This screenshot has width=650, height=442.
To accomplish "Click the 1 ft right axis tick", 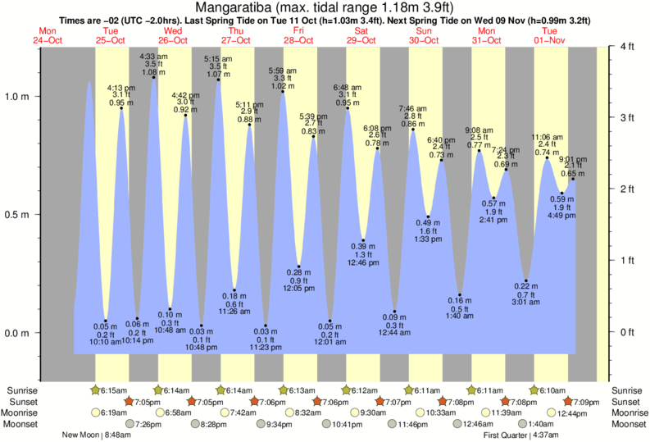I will pyautogui.click(x=627, y=261).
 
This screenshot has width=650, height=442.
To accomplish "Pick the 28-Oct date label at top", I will pyautogui.click(x=298, y=39).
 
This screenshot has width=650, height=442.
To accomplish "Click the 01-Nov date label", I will pyautogui.click(x=550, y=39).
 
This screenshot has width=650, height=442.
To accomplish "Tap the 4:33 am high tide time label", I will pyautogui.click(x=154, y=56).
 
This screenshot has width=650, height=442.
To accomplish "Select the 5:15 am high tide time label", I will pyautogui.click(x=218, y=58).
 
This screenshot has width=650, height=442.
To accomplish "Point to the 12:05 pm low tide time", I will pyautogui.click(x=298, y=289).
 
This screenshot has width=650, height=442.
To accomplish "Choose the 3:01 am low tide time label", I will pyautogui.click(x=526, y=302).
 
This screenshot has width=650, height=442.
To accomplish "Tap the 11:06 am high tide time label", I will pyautogui.click(x=547, y=137).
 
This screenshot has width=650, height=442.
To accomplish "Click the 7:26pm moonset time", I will pyautogui.click(x=148, y=424).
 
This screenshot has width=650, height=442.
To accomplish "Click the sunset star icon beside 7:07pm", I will pyautogui.click(x=381, y=401).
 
